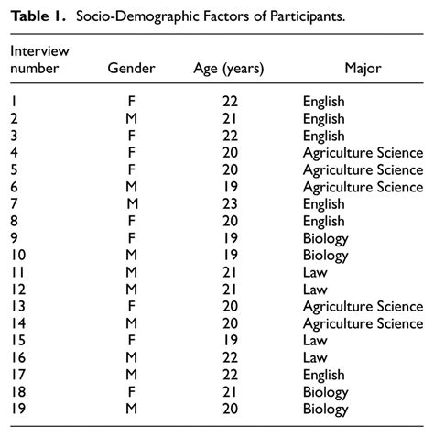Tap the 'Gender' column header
(131, 69)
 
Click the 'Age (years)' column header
(229, 69)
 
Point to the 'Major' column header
(363, 69)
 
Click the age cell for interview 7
(230, 204)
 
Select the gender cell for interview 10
(132, 256)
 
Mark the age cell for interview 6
(230, 187)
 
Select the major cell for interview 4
(363, 153)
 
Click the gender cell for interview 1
(132, 102)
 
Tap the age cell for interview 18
(230, 392)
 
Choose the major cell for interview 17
(323, 375)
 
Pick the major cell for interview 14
(363, 323)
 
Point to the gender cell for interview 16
(132, 358)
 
